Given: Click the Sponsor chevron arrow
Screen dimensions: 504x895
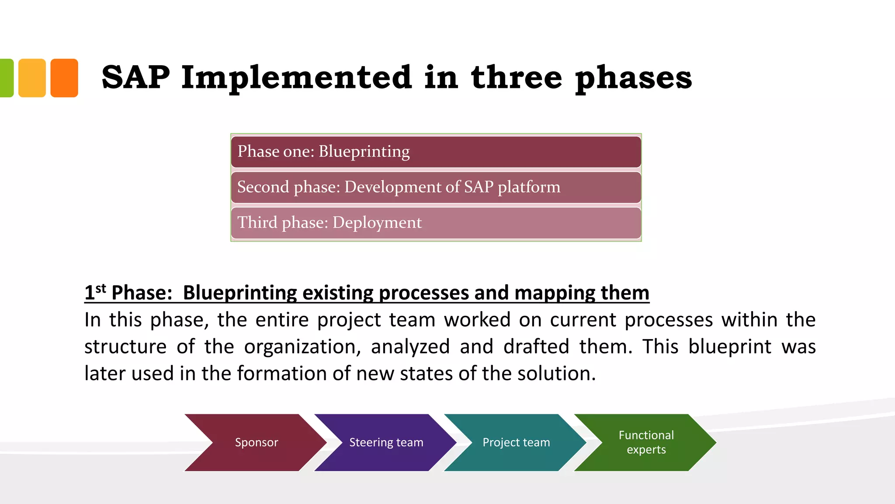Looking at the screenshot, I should click(x=257, y=442).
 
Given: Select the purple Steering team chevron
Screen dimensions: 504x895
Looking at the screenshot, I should click(x=386, y=442).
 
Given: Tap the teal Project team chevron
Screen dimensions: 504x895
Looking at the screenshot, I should click(x=516, y=442).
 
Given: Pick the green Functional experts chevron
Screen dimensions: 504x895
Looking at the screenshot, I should click(x=646, y=442).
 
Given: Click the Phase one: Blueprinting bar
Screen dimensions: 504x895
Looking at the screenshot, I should click(x=436, y=152).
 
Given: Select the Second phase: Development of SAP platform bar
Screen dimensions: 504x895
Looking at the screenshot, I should click(x=436, y=187).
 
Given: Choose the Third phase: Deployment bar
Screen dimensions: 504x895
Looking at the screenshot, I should click(x=436, y=223).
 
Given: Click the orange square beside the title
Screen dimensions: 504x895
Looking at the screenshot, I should click(x=64, y=78).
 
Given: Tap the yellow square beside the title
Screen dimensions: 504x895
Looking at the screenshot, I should click(x=32, y=78).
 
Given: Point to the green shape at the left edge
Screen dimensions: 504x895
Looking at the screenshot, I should click(x=6, y=78).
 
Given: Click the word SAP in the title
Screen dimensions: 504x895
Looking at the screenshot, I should click(x=135, y=77).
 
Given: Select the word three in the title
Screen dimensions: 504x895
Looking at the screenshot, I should click(x=516, y=77).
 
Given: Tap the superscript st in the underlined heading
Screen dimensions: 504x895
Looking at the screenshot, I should click(x=101, y=288).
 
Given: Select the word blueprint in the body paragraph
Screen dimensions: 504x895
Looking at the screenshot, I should click(x=730, y=346).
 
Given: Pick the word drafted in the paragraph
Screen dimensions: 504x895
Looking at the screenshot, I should click(x=536, y=346).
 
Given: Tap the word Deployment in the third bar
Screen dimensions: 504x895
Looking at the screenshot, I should click(x=377, y=223).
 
